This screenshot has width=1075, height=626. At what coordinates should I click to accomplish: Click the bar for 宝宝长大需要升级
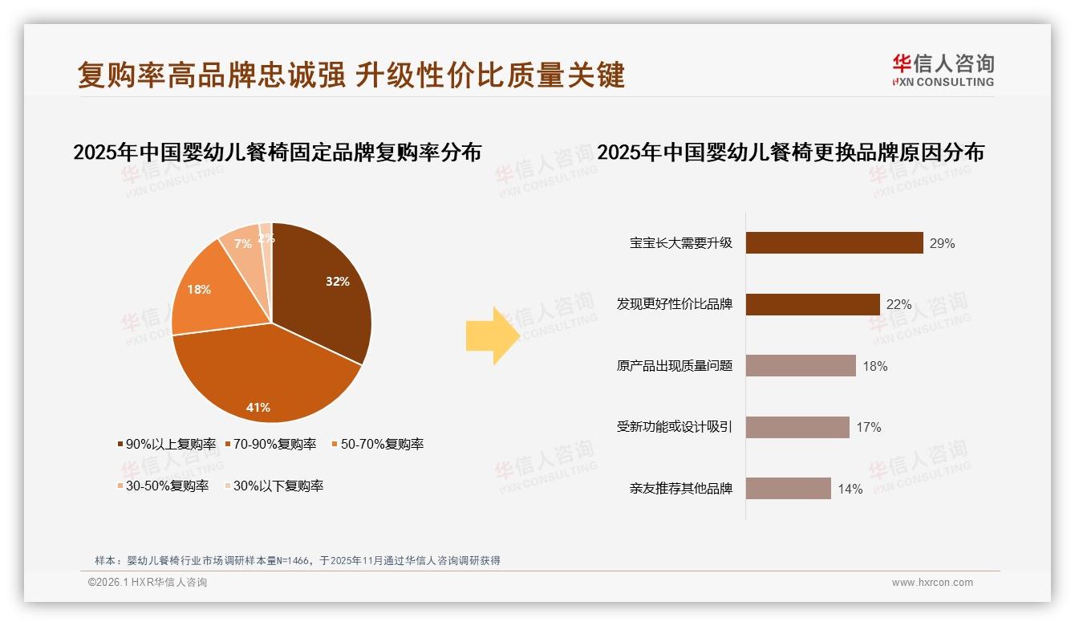tap(834, 243)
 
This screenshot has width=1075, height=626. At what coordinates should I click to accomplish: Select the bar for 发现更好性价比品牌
tap(813, 304)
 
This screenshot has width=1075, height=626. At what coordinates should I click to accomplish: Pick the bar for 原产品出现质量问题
tap(801, 366)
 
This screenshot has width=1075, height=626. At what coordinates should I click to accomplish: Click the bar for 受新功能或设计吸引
tap(797, 427)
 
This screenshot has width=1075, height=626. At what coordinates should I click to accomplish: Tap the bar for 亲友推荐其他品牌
tap(788, 489)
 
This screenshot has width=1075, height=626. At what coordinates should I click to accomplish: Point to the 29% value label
tap(942, 244)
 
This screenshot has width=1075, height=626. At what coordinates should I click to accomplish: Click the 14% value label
tap(850, 489)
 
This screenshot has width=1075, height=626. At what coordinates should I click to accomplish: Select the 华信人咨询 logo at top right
tap(943, 70)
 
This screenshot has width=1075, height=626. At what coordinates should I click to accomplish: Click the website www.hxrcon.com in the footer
tap(932, 583)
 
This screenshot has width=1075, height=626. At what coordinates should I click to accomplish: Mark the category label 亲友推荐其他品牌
tap(681, 489)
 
